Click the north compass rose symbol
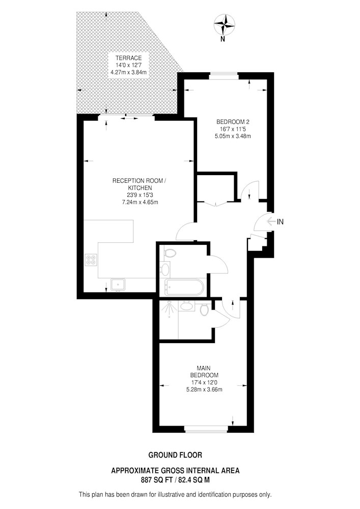click(225, 24)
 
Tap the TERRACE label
click(128, 58)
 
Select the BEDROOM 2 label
click(233, 122)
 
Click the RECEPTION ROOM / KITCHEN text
click(140, 184)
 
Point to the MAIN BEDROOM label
click(204, 372)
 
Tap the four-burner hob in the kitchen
click(91, 260)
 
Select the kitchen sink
click(119, 285)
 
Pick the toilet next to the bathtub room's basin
click(170, 253)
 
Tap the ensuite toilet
click(204, 309)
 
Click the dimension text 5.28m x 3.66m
click(204, 389)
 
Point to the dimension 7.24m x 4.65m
click(140, 202)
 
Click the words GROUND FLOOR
click(175, 455)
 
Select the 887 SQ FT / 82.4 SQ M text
click(175, 479)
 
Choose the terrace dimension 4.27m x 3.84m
click(128, 72)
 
